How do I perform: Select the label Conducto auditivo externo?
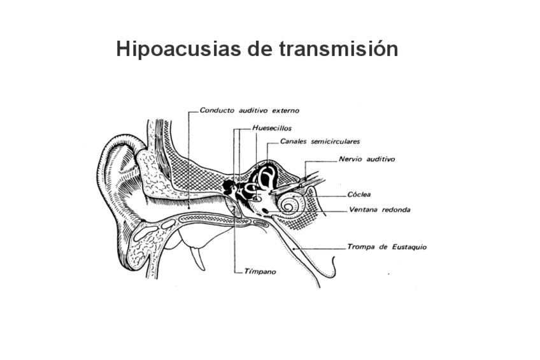pos(249,110)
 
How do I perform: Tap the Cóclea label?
pos(360,194)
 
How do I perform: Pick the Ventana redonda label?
pos(380,210)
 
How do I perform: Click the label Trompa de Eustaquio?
pos(387,247)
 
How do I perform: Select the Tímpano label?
pos(259,271)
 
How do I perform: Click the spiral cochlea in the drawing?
pos(291,205)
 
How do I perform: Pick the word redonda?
pos(395,210)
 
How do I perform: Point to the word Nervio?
pos(351,159)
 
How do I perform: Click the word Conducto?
pos(215,110)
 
